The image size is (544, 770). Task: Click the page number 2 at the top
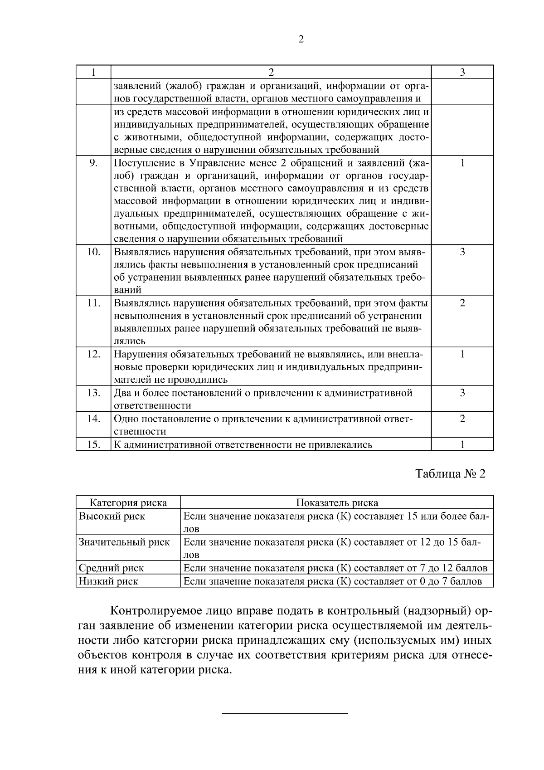click(301, 39)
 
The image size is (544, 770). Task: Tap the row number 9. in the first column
click(93, 163)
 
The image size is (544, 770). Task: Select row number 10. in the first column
click(93, 252)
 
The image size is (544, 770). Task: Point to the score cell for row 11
click(462, 303)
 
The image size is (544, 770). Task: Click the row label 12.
click(93, 354)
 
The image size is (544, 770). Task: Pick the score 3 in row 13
click(462, 393)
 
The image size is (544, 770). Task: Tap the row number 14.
click(93, 419)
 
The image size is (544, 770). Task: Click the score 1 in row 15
click(462, 444)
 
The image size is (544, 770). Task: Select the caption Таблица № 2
click(450, 474)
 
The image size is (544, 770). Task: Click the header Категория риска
click(128, 502)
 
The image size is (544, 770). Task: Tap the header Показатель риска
click(337, 502)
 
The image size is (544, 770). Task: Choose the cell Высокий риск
click(112, 516)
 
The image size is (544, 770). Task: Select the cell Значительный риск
click(124, 542)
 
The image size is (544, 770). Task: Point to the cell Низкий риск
click(108, 581)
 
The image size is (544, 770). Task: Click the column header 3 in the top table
click(462, 72)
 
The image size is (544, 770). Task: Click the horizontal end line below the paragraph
click(285, 714)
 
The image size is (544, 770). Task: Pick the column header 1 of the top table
click(93, 72)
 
